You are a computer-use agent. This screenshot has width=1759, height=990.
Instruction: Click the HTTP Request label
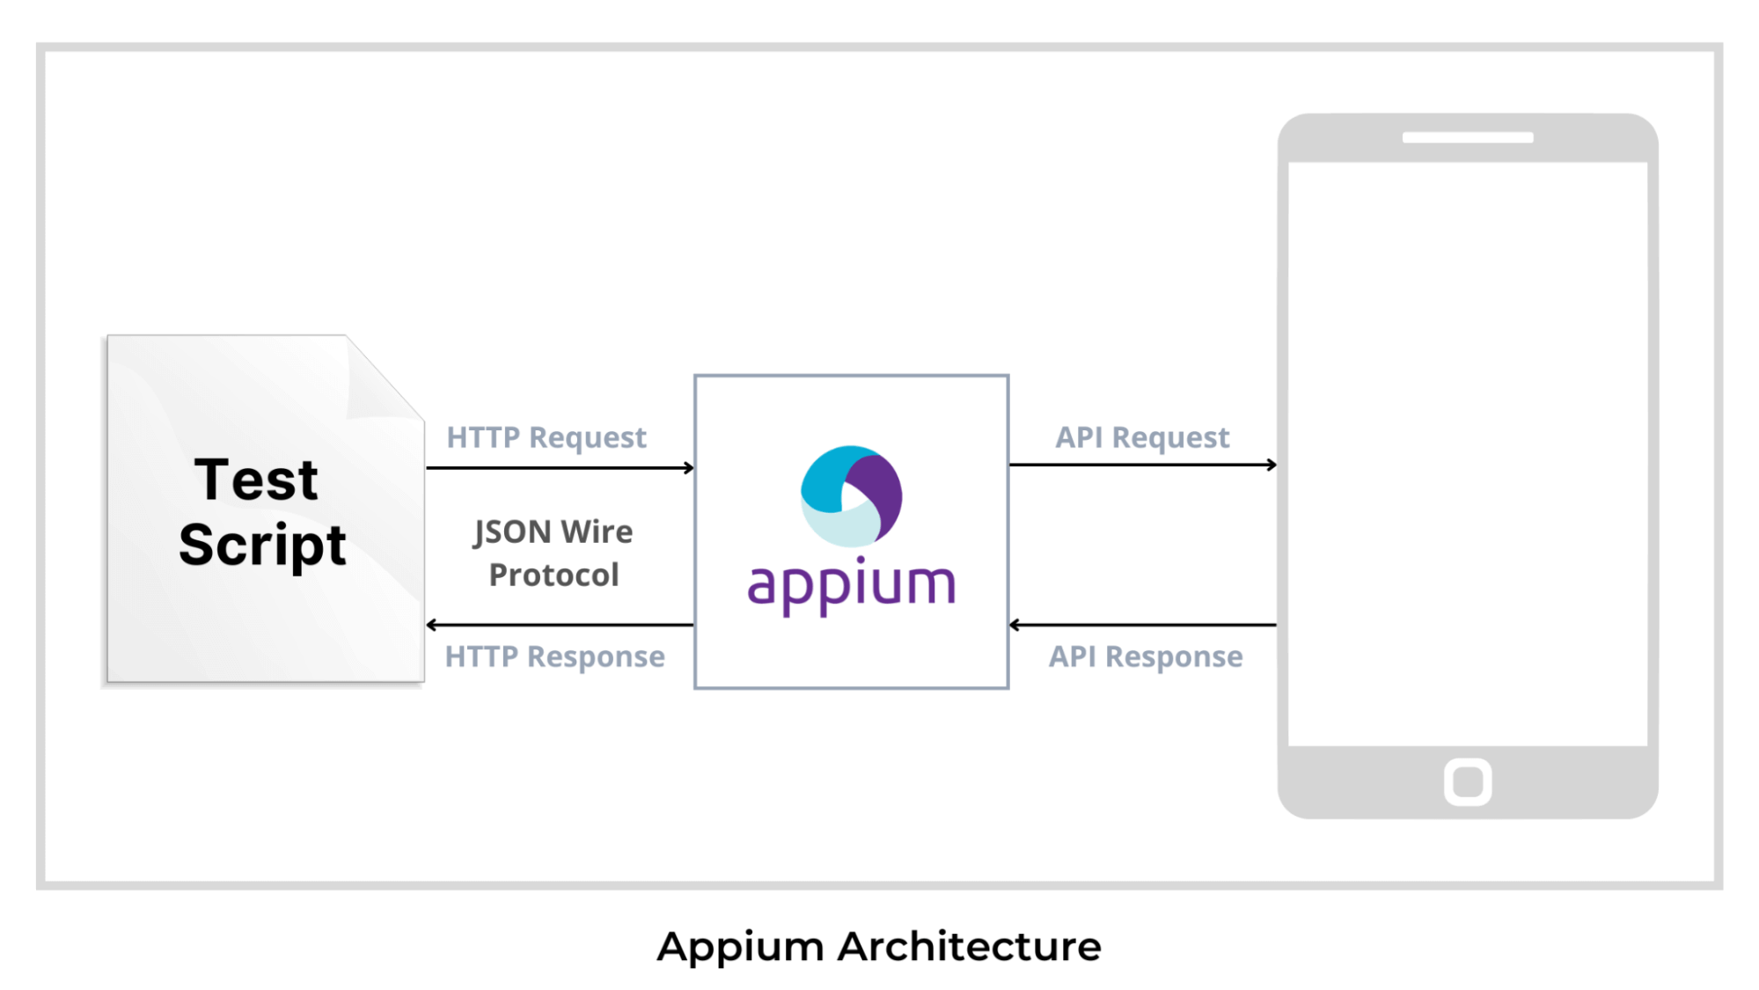pos(546,437)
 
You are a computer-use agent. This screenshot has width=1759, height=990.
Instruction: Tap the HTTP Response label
pos(554,656)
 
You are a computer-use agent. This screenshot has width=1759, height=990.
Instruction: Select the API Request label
pos(1142,437)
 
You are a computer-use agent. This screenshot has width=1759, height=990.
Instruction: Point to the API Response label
pos(1146,656)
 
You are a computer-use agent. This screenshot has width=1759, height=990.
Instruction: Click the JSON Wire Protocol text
pos(553,554)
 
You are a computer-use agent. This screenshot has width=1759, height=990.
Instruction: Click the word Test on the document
pos(256,480)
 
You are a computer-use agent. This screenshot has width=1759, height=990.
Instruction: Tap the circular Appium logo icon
pos(851,495)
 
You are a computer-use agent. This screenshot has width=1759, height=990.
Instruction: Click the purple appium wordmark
pos(851,585)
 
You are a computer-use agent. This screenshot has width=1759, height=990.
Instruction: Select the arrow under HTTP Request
pos(560,468)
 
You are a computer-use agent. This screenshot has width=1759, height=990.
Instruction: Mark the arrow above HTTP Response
pos(560,625)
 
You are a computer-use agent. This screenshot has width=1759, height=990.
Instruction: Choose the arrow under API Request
pos(1142,465)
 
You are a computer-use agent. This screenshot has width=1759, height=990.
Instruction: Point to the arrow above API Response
pos(1142,625)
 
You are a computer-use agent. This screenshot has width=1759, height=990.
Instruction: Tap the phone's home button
pos(1467,781)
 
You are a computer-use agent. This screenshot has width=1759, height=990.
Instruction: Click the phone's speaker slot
pos(1467,138)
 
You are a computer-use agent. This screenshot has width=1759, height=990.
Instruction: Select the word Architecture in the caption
pos(969,947)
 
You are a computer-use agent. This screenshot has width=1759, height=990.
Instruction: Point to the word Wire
pos(597,532)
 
